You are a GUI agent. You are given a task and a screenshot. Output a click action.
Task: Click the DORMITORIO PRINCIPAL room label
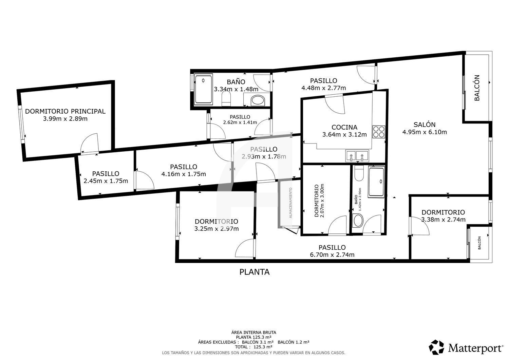coord(65,111)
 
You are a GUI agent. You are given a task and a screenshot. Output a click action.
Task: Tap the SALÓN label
coord(425,125)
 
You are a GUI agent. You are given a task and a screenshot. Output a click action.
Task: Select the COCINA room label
coord(344,127)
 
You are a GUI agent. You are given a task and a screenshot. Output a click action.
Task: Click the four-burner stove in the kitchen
coord(379,132)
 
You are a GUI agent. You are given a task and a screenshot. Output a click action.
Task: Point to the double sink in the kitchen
coord(357,156)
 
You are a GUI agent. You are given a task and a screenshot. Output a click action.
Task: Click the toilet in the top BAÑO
coord(226,98)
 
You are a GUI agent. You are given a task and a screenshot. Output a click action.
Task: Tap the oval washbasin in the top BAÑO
coord(258,101)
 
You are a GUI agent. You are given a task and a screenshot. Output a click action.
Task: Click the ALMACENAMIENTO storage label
coord(290,203)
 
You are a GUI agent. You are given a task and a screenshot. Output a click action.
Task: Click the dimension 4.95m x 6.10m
coord(425,132)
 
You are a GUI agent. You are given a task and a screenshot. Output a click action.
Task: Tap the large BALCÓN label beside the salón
coord(477,88)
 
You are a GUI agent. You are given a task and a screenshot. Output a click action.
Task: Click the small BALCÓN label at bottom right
coord(479,243)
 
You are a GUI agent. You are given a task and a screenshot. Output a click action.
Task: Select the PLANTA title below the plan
coord(254,272)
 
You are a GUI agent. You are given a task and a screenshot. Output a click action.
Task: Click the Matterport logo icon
coord(436,347)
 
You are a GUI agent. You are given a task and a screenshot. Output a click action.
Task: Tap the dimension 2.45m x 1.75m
coord(106,181)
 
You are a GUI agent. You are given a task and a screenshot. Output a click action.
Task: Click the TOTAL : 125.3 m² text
coord(253,347)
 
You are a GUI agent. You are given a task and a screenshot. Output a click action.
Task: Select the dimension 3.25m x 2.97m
coord(216,229)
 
